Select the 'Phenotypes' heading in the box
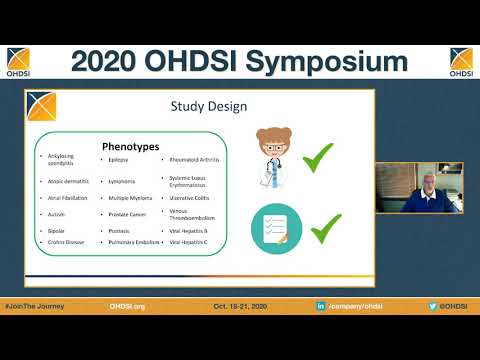pos(130,146)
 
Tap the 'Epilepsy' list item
pos(120,159)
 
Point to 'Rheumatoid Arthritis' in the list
pos(195,159)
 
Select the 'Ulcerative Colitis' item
pos(192,198)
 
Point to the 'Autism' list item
pos(56,214)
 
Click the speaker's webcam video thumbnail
pos(419,188)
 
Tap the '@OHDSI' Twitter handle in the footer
pos(449,305)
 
